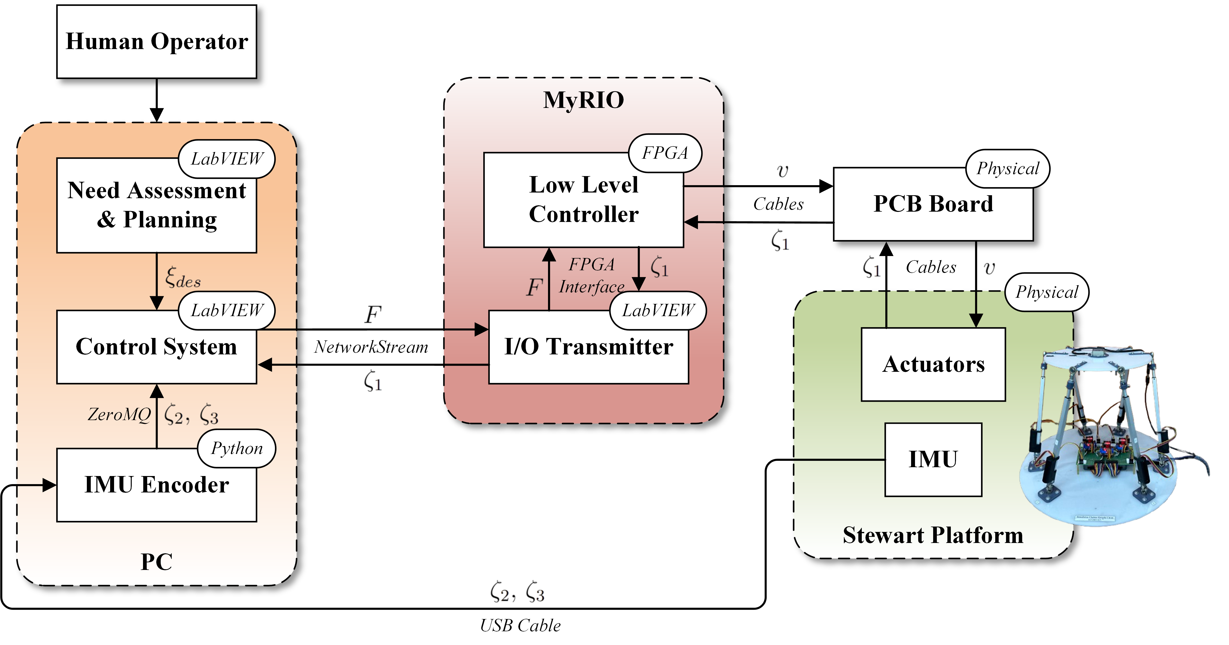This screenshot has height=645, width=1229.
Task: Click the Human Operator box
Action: [x=157, y=41]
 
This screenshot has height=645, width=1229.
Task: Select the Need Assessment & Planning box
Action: [x=157, y=205]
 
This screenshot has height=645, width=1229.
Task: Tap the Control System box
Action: [x=157, y=347]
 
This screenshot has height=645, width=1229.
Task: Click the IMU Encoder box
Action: [x=157, y=485]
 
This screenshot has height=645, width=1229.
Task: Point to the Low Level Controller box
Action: [x=584, y=200]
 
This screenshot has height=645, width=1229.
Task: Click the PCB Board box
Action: [x=933, y=204]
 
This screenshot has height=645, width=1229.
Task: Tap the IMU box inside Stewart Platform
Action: [x=933, y=459]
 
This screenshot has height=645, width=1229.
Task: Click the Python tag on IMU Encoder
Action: [x=237, y=449]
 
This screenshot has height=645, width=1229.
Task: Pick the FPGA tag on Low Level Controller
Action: [x=665, y=153]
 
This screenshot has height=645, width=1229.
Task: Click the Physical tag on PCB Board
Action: [x=1008, y=168]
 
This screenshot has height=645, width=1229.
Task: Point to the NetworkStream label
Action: [x=371, y=347]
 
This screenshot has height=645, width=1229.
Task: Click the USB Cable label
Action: [x=520, y=625]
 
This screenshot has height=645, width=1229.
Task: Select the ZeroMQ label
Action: [x=119, y=414]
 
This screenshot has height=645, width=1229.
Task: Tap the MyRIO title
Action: [x=584, y=100]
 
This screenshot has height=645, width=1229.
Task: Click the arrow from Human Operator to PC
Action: [x=157, y=100]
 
